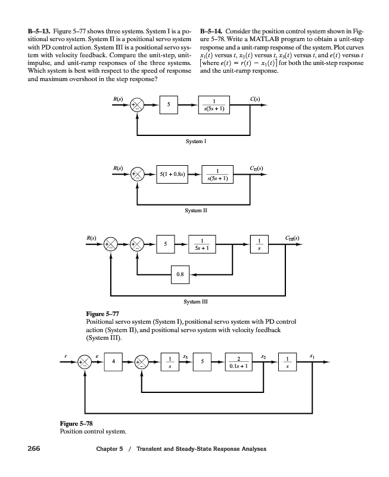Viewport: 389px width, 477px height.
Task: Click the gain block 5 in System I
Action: (x=169, y=105)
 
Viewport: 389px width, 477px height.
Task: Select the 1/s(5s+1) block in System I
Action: (x=214, y=105)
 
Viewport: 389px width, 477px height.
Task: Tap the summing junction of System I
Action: (x=138, y=106)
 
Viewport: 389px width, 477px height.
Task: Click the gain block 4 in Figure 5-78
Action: (x=113, y=361)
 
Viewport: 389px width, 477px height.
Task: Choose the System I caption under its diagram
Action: (x=196, y=141)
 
